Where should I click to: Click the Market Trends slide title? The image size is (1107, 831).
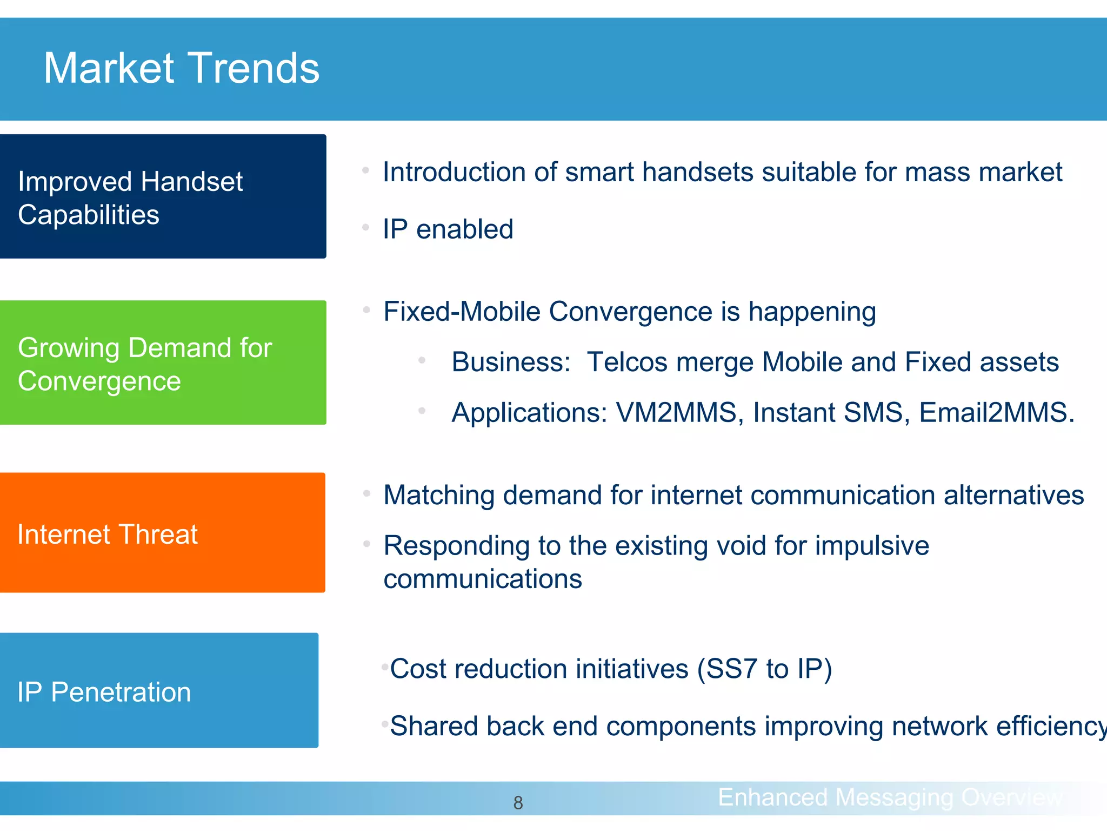(182, 69)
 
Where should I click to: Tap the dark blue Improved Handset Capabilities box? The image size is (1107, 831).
(162, 196)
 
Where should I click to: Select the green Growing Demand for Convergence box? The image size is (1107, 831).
(162, 362)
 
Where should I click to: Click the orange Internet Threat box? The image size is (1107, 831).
(162, 533)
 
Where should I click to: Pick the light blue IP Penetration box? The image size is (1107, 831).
(159, 691)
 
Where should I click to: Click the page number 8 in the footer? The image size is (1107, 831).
(518, 803)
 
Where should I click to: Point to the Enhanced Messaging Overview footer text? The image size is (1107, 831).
(890, 797)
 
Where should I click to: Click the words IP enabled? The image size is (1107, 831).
(448, 229)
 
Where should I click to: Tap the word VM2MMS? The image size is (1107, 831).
(676, 413)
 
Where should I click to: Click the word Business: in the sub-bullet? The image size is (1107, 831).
(511, 362)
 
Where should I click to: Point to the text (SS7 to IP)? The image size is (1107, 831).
(764, 669)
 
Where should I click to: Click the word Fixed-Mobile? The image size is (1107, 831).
(462, 312)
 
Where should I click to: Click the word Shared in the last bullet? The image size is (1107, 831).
(434, 726)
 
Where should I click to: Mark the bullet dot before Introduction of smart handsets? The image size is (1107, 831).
(365, 170)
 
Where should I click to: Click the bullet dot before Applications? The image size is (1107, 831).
(422, 411)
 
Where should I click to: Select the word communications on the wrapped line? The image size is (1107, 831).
(483, 579)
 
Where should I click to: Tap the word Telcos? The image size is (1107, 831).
(627, 362)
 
